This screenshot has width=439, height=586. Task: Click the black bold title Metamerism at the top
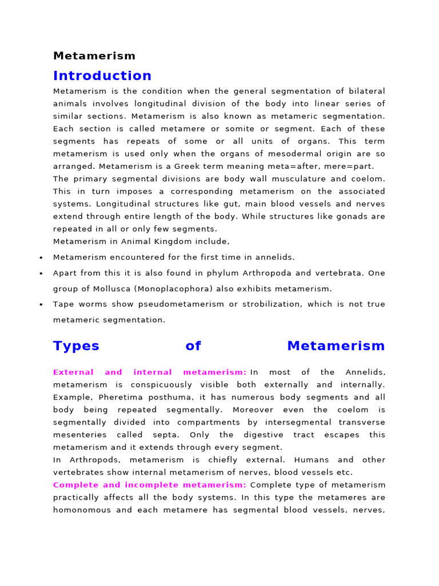(x=94, y=56)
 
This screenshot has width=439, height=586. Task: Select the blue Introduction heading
(x=102, y=76)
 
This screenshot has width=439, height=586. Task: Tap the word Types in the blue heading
(x=76, y=346)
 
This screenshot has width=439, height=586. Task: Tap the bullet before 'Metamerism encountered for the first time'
(x=41, y=258)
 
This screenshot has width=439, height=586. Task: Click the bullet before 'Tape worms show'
(x=41, y=304)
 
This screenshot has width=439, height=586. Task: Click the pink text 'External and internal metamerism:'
(x=150, y=372)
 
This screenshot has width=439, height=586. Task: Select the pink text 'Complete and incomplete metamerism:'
(x=150, y=485)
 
